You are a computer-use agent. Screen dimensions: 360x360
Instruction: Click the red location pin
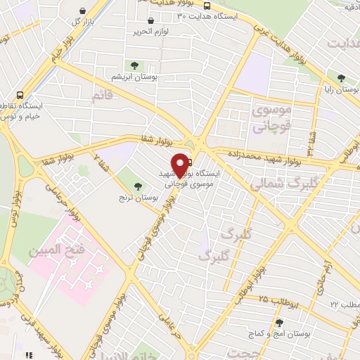180,163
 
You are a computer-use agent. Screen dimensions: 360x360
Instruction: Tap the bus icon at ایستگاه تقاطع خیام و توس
20,93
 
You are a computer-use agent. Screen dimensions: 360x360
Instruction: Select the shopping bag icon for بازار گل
84,11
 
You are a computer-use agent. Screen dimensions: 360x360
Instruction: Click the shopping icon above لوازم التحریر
150,20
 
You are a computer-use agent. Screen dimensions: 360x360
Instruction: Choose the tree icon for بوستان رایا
341,79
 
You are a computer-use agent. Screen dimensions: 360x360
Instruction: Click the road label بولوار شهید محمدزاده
264,157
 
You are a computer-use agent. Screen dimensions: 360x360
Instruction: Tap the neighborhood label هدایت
342,41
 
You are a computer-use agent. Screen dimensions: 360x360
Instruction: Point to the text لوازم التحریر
151,32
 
